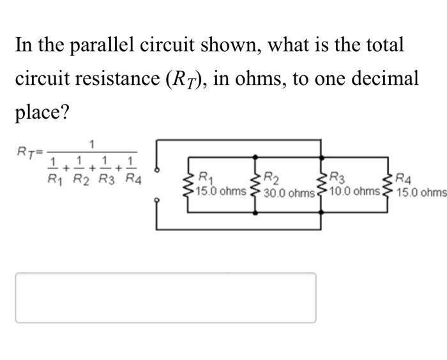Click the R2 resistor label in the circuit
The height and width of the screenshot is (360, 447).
click(270, 177)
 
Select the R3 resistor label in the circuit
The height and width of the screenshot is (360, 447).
click(335, 177)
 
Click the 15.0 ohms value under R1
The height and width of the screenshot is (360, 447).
click(221, 190)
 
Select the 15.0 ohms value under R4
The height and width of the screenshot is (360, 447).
click(421, 191)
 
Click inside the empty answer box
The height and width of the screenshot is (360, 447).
click(165, 297)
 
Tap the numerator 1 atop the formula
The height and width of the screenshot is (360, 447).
click(93, 142)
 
